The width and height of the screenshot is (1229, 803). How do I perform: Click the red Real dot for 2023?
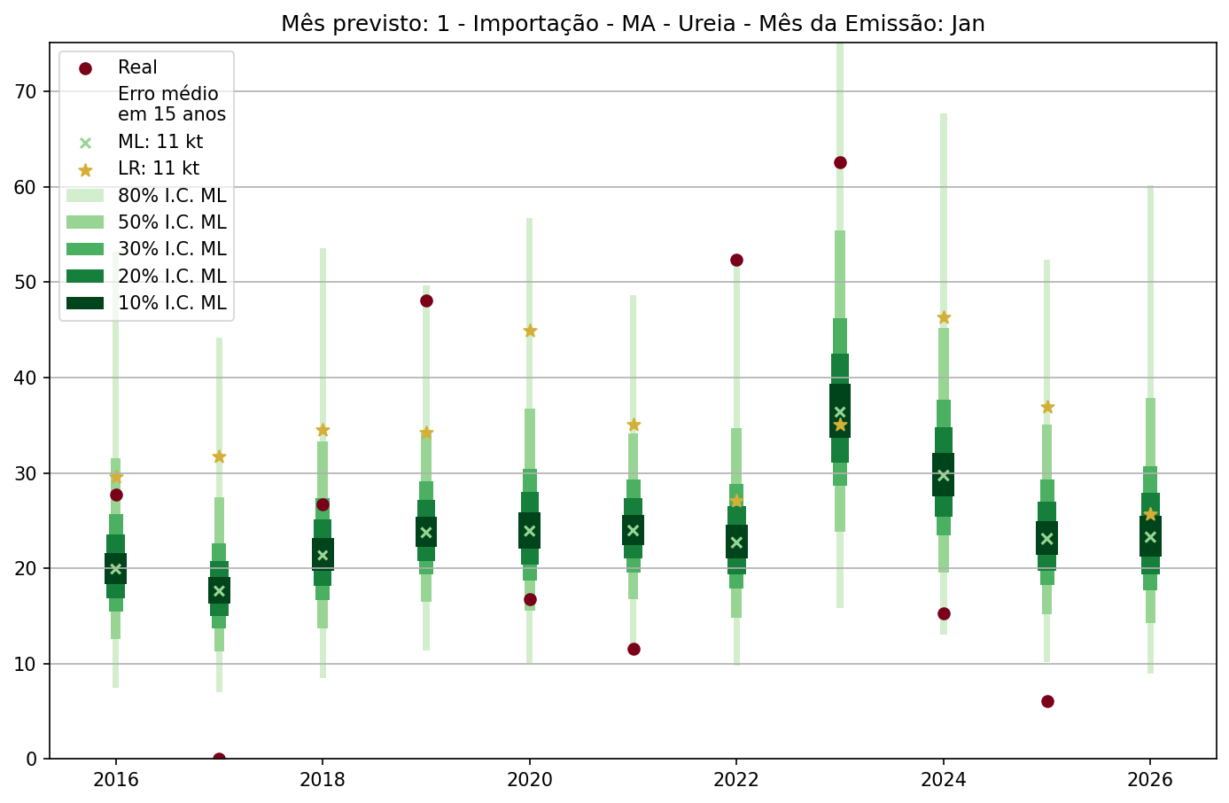pos(840,162)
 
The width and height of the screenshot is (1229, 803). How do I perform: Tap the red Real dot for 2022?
pos(736,260)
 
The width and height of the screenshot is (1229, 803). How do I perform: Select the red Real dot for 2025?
pos(1047,701)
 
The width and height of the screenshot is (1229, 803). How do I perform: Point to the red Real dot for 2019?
pos(426,300)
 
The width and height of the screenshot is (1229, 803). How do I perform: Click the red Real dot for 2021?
pos(634,649)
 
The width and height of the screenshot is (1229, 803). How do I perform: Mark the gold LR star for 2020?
pos(530,331)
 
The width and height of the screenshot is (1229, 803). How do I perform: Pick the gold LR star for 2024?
pos(944,317)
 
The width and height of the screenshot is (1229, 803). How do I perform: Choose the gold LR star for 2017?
pos(219,456)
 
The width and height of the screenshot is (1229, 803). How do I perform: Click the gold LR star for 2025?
pos(1047,407)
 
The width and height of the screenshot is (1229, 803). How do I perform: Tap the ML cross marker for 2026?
pos(1150,536)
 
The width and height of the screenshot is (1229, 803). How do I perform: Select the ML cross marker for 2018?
pos(323,556)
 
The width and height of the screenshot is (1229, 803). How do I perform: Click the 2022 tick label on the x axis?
pos(736,780)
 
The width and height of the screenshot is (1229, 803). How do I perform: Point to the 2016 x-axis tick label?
pos(115,780)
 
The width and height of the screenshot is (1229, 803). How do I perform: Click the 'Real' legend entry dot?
pos(85,68)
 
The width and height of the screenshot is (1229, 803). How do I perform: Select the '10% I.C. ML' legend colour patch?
pos(85,303)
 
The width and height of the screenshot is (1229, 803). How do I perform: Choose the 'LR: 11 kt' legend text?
pos(159,168)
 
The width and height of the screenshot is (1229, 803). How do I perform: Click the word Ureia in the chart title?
pos(707,24)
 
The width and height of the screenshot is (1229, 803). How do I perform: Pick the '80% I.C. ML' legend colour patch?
pos(85,196)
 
